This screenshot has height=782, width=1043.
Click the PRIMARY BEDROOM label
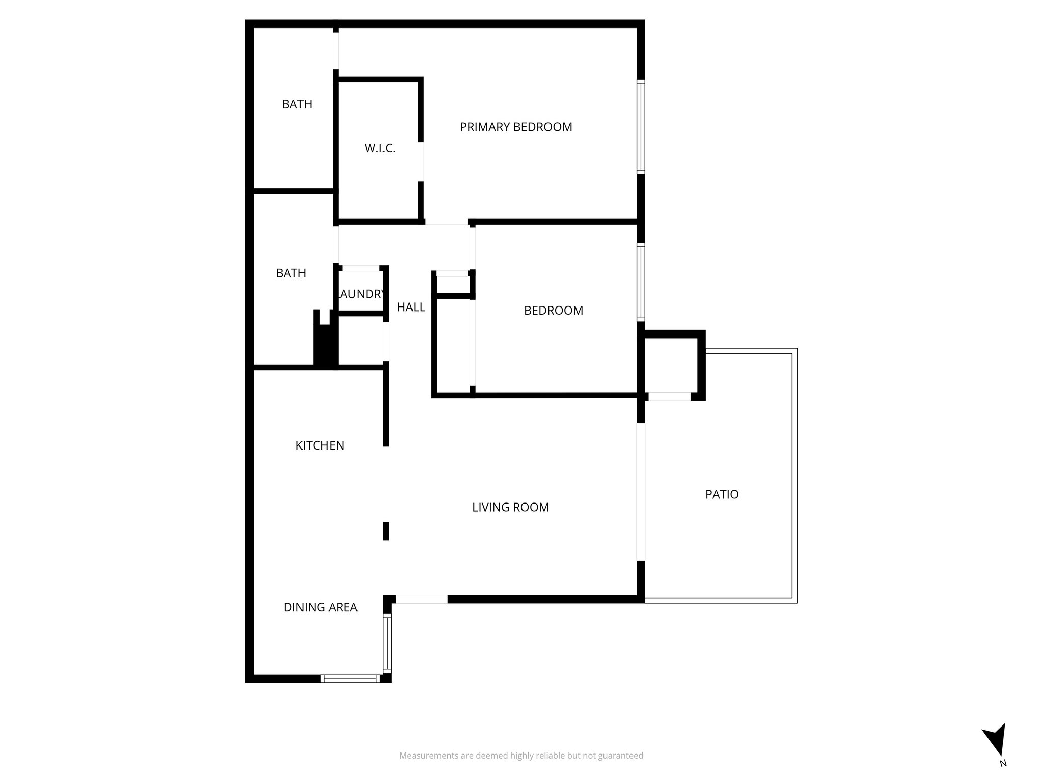pos(516,127)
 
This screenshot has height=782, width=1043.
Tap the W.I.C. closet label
pos(380,149)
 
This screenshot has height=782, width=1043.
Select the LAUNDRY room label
pos(360,294)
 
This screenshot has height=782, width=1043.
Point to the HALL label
pos(411,307)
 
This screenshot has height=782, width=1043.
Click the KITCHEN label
pos(320,445)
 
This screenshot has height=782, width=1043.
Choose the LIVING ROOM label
pos(510,507)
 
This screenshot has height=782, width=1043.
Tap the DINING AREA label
pos(320,607)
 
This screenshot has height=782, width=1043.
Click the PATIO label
pos(722,494)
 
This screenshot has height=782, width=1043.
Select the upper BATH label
pos(297,104)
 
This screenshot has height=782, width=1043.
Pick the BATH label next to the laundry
pos(291,273)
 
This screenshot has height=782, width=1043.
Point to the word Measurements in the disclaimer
pos(429,770)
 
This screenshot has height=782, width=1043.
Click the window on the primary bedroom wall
pos(641,127)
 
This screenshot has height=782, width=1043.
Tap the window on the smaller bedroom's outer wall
pos(641,283)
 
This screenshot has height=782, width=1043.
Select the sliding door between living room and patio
pos(641,492)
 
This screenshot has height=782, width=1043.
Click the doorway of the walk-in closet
pos(421,161)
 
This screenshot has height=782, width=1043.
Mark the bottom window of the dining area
pos(351,678)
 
